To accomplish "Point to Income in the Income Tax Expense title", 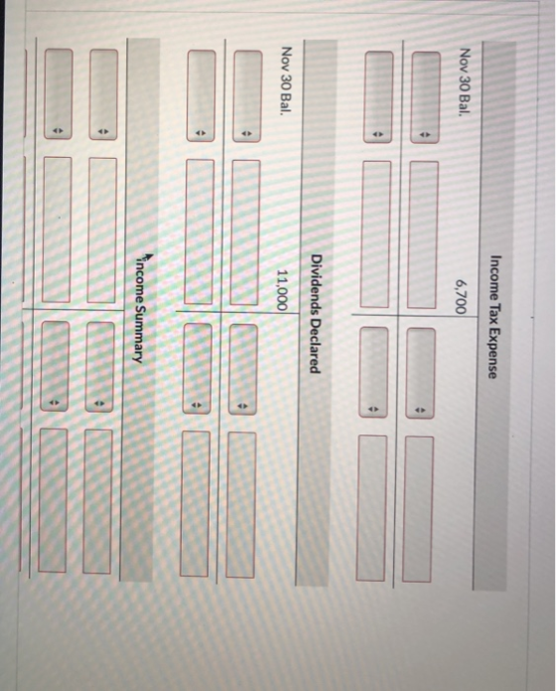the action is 493,278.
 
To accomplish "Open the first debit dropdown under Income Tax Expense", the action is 425,97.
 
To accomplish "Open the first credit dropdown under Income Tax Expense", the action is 420,372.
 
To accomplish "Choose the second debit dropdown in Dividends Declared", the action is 201,95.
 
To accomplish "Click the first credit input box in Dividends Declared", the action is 241,504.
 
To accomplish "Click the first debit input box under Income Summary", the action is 102,230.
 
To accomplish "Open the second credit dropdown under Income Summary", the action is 55,366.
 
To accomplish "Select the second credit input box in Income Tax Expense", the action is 372,508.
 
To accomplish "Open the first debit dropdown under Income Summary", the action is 103,94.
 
